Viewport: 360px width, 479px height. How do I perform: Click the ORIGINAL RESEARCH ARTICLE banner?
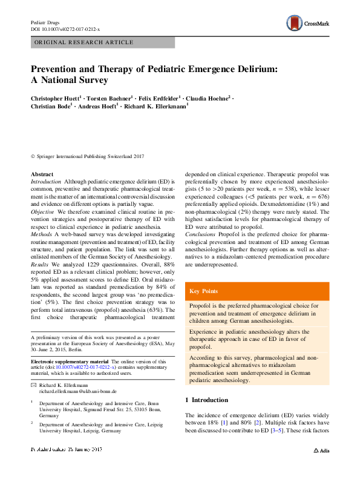point(102,42)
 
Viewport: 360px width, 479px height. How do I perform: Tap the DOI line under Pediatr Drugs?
point(65,29)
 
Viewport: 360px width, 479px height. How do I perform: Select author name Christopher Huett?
point(54,97)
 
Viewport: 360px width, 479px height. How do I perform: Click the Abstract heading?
point(42,174)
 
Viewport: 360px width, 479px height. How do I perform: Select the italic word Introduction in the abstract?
point(46,182)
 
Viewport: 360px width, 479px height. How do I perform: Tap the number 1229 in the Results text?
point(94,265)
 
